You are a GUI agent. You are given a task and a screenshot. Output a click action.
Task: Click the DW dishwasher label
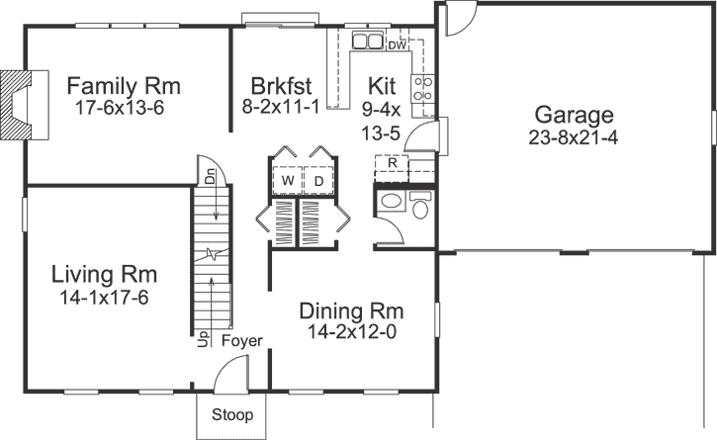point(397,45)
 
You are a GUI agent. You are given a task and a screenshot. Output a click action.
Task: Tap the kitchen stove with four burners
point(424,90)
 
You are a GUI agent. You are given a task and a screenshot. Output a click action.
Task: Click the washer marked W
point(287,182)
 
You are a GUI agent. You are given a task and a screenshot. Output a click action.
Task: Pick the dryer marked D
point(318,182)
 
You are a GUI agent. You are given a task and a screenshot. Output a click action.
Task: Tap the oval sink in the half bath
point(391,204)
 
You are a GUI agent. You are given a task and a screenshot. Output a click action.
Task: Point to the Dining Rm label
point(351,310)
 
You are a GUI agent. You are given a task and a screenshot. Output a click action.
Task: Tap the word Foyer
point(241,341)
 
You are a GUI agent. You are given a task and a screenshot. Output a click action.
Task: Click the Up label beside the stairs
point(204,340)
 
